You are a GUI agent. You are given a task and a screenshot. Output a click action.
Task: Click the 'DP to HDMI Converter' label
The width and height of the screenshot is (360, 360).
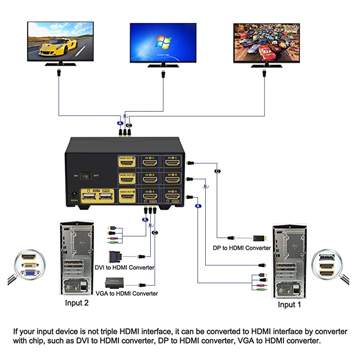(242, 248)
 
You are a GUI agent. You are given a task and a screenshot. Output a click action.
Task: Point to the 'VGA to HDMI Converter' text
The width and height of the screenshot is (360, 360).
(127, 293)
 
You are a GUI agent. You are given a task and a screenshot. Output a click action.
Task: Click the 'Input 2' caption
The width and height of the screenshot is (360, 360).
(77, 303)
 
